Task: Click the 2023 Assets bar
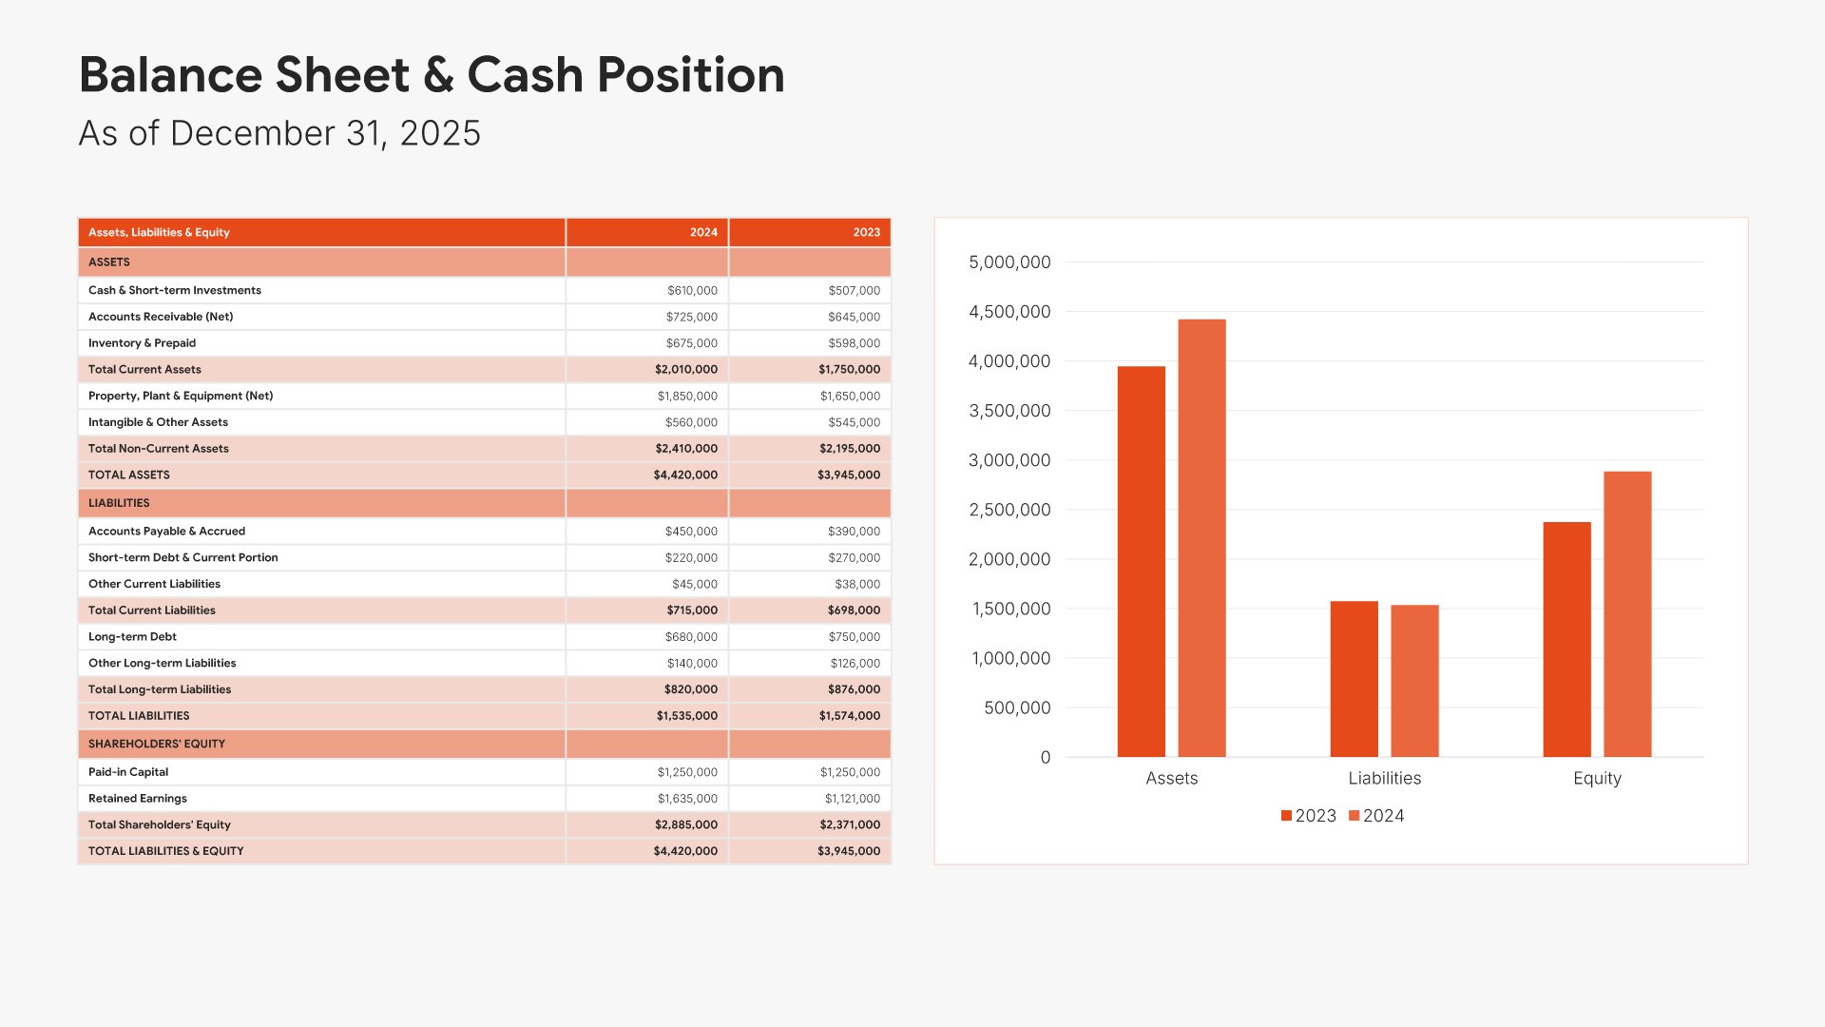(1141, 561)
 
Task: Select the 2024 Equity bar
(1627, 614)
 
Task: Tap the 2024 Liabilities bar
(1414, 681)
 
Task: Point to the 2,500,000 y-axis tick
(1009, 510)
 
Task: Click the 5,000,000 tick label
(1009, 262)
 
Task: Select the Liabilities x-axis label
(1384, 778)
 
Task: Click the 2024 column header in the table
(703, 232)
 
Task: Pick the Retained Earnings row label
(138, 799)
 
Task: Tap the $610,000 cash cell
(692, 291)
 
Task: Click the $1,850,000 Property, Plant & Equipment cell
(687, 396)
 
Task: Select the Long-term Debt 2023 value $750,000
(854, 637)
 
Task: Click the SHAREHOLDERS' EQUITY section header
(157, 744)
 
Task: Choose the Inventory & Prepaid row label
(143, 343)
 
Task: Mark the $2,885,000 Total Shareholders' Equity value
(686, 824)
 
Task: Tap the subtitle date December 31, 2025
(325, 134)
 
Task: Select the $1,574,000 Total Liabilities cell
(850, 716)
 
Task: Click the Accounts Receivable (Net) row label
(161, 317)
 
